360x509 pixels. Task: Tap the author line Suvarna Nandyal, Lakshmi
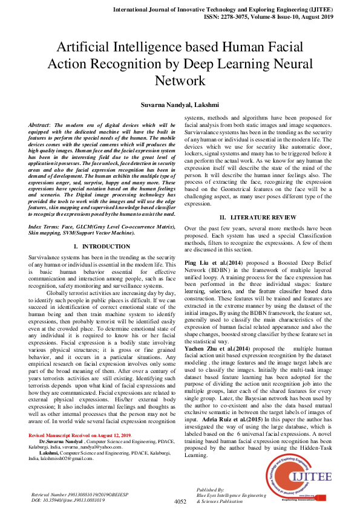tap(180, 105)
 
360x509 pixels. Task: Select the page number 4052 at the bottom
tap(180, 501)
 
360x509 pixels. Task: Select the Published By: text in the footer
tap(211, 489)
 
